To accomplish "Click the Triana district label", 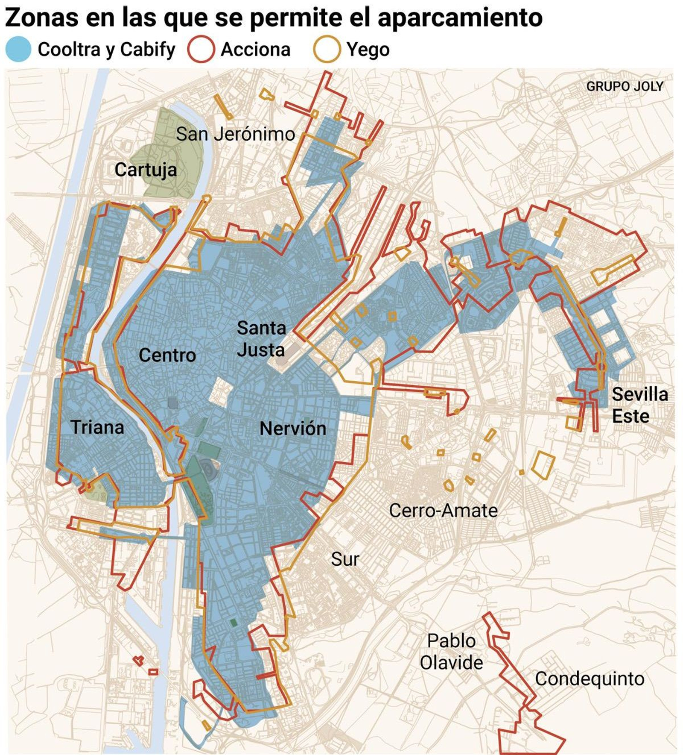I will coord(97,427).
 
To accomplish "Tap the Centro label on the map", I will coord(167,355).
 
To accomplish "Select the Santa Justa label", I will coord(261,339).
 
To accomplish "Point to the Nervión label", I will coord(293,428).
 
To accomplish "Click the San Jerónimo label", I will coord(235,134).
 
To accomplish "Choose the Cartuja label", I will coord(146,170).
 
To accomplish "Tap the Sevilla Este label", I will coord(639,405).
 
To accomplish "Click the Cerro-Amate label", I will coord(443,511).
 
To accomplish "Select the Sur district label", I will coord(345,559).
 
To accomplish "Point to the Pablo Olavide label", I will coord(451,652).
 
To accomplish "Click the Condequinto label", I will coord(589,679).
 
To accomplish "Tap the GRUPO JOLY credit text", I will coord(625,86).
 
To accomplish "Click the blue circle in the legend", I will coord(18,49).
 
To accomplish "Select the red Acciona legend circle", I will coord(201,49).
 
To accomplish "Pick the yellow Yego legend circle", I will coord(327,49).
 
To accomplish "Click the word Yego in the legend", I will coord(368,50).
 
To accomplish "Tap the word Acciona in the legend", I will coord(255,50).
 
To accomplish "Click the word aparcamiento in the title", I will coord(460,18).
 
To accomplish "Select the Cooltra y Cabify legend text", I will coord(106,50).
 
